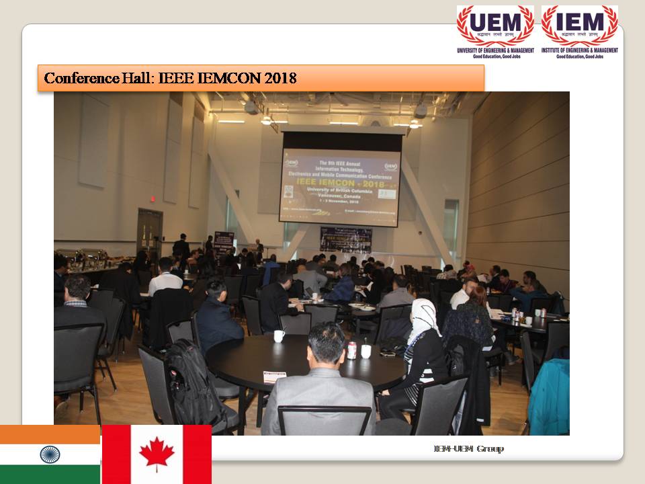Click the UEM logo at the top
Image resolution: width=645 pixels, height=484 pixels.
coord(495,26)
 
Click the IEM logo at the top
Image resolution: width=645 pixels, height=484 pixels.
coord(579,26)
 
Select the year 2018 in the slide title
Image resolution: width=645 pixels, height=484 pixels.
coord(280,78)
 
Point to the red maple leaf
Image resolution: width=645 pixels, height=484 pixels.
coord(157,453)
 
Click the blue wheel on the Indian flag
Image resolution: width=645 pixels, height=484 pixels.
coord(50,454)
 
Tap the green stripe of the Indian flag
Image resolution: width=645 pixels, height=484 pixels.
coord(50,474)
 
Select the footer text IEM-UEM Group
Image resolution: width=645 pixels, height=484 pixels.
coord(468,448)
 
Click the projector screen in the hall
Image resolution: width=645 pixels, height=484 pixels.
coord(341,178)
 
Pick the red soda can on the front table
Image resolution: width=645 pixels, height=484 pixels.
coord(351,350)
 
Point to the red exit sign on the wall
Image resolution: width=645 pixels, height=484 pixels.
coord(153,199)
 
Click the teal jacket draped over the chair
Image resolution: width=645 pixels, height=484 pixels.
coord(551,397)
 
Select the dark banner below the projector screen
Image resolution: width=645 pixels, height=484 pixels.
coord(346,240)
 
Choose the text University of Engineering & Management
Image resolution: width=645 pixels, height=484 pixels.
coord(495,50)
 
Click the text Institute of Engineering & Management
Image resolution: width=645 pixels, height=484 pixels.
coord(579,50)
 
